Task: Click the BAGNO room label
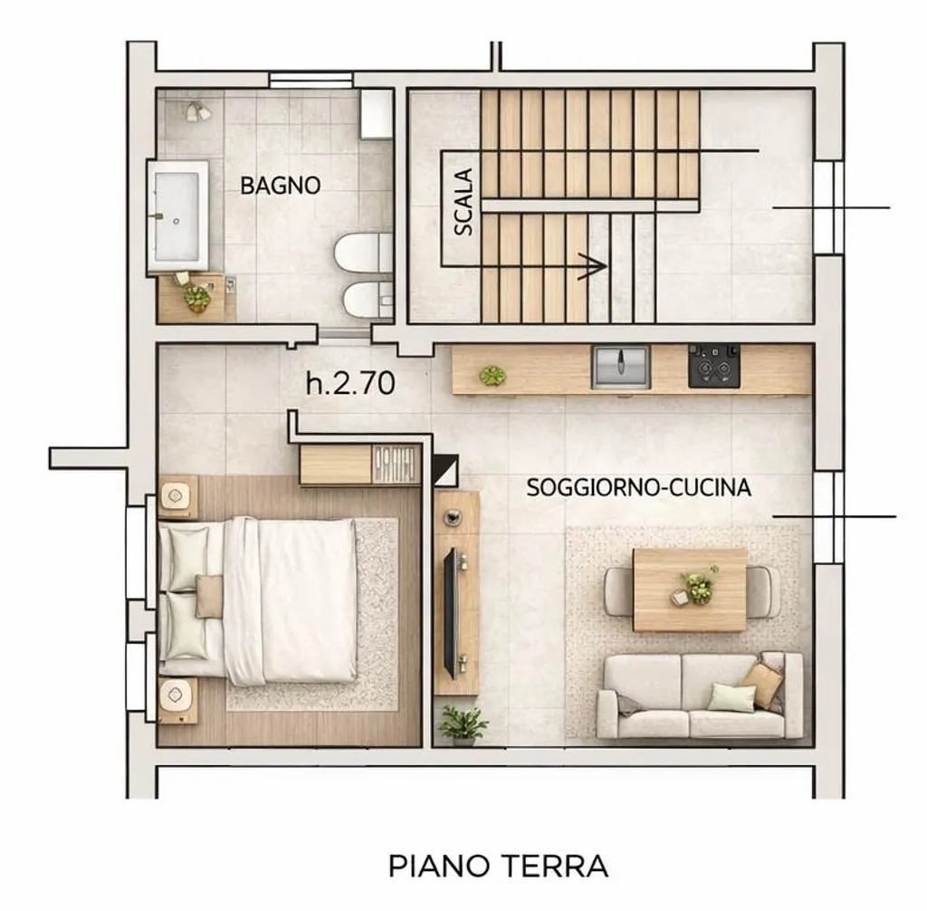pyautogui.click(x=281, y=186)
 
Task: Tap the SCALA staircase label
pyautogui.click(x=464, y=202)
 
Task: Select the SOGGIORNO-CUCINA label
pyautogui.click(x=638, y=488)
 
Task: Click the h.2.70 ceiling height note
pyautogui.click(x=350, y=383)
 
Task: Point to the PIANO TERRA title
pyautogui.click(x=499, y=867)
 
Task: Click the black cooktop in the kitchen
pyautogui.click(x=714, y=366)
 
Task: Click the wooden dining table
pyautogui.click(x=689, y=590)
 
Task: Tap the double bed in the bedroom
pyautogui.click(x=258, y=601)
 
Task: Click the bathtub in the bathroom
pyautogui.click(x=177, y=216)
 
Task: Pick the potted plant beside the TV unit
pyautogui.click(x=463, y=723)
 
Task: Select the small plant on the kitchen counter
pyautogui.click(x=492, y=375)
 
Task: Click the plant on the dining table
pyautogui.click(x=698, y=585)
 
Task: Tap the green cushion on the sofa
pyautogui.click(x=731, y=697)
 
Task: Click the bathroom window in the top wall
pyautogui.click(x=311, y=80)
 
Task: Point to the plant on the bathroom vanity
pyautogui.click(x=196, y=298)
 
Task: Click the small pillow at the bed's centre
pyautogui.click(x=209, y=596)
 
